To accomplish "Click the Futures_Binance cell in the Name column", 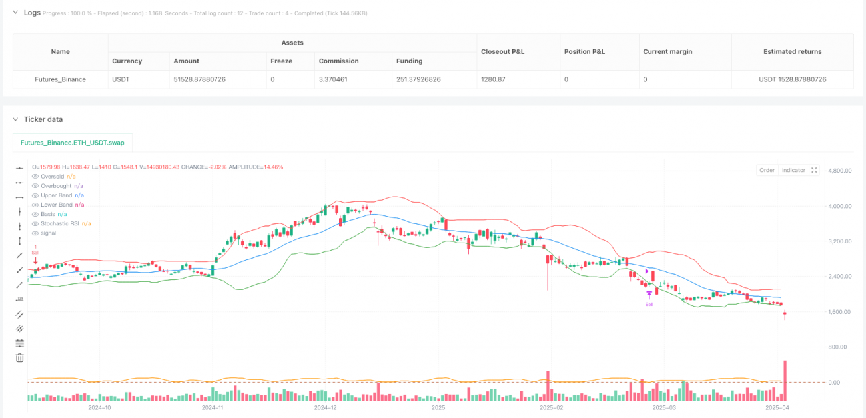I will (x=60, y=79).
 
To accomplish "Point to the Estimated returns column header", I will (x=792, y=51).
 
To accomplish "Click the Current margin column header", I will (x=667, y=51).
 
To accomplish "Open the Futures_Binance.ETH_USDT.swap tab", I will (x=73, y=142).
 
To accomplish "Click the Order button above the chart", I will (x=767, y=170).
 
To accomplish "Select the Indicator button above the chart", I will (x=793, y=170).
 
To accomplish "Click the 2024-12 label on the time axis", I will (x=326, y=407).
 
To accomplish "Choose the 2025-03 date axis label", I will (x=664, y=407).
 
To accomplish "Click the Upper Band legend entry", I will (x=56, y=195).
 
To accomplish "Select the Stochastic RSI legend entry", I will (x=61, y=223).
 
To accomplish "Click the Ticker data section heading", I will (x=43, y=119).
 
